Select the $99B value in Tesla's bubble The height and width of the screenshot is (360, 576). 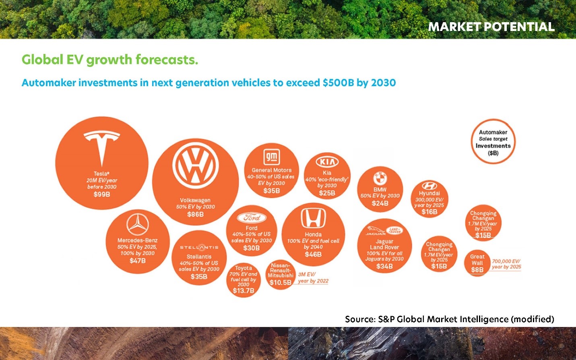click(102, 194)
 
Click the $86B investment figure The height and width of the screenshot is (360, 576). click(196, 214)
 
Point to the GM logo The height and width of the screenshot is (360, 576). click(272, 157)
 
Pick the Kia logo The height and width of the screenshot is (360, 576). click(327, 162)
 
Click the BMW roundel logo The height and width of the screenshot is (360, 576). click(380, 178)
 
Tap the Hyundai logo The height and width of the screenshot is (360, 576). click(429, 186)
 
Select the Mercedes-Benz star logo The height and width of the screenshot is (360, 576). click(138, 224)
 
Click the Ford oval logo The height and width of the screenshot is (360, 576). click(252, 218)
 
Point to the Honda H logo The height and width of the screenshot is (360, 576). click(313, 218)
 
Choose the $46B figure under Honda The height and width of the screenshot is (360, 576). click(313, 254)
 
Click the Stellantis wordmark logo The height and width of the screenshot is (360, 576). click(199, 247)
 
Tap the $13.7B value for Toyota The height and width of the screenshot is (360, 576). click(244, 291)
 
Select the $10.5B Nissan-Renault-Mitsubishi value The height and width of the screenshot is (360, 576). click(281, 283)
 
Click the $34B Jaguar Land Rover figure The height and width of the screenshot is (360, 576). click(384, 266)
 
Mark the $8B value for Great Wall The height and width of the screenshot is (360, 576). click(477, 270)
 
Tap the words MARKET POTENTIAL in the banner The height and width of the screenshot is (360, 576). click(491, 27)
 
